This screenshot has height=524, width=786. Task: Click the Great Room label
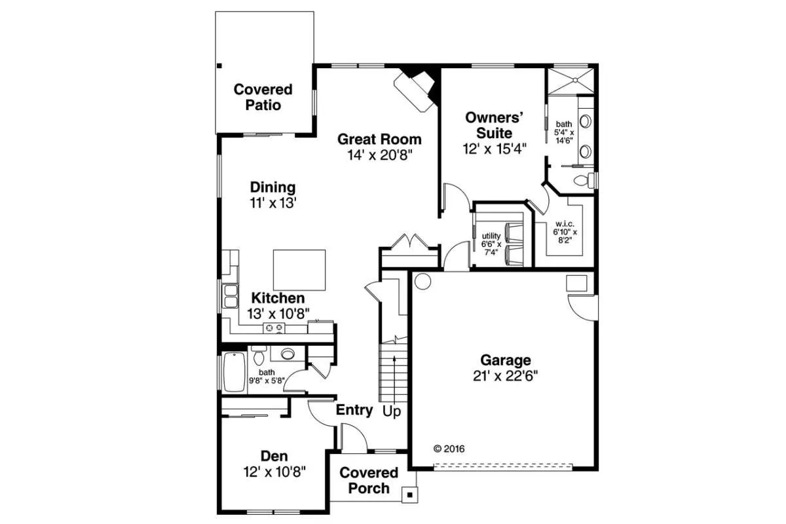tap(379, 140)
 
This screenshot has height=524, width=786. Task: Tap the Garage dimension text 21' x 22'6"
tap(505, 376)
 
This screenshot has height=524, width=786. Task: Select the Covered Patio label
tap(263, 97)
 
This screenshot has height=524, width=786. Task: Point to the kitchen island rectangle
tap(299, 270)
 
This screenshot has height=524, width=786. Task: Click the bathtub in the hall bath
tap(234, 371)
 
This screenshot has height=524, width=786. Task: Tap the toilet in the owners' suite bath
tap(584, 180)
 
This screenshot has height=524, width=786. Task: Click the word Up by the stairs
tap(392, 411)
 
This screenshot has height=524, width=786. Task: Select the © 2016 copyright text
tap(449, 449)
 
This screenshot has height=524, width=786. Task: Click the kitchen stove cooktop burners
tap(274, 327)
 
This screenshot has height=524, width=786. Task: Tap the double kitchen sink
tap(231, 296)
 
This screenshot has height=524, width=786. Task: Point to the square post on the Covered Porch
tap(409, 495)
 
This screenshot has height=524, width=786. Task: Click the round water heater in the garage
tap(422, 281)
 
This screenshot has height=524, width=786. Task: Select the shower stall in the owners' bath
tap(571, 81)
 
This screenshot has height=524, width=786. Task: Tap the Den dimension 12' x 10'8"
tap(274, 472)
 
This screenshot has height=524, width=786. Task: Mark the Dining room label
tap(272, 187)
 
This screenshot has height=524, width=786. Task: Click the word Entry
tap(354, 410)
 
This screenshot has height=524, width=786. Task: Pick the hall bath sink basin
tap(288, 354)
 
